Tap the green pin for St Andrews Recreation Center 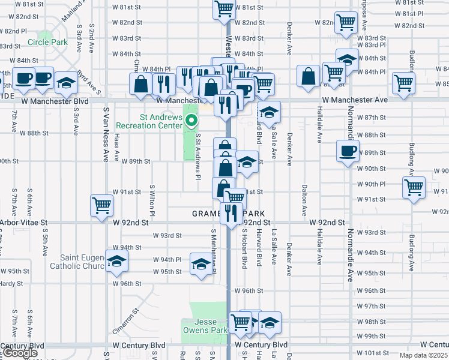(x=192, y=121)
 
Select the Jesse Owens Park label (x=205, y=326)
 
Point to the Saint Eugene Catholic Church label (x=78, y=262)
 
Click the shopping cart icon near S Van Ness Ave (x=102, y=205)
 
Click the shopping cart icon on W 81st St (x=224, y=10)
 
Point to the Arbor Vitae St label (x=23, y=223)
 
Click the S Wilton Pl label (x=152, y=200)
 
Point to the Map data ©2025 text (x=422, y=355)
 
